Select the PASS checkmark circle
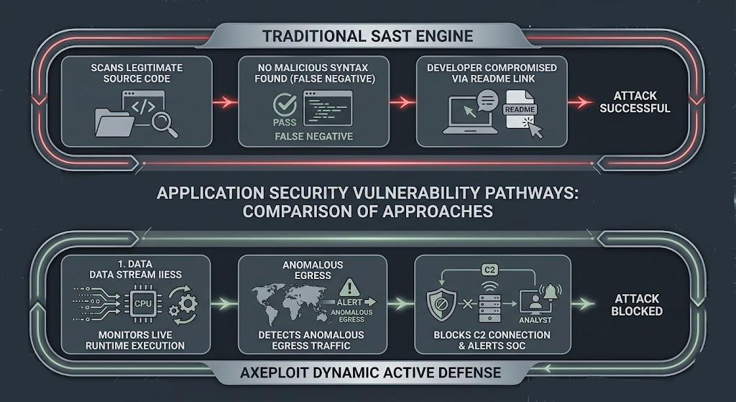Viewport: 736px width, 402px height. point(285,104)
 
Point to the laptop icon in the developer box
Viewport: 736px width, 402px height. point(470,116)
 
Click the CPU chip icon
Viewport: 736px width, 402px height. point(143,304)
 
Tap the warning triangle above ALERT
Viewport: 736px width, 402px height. point(349,288)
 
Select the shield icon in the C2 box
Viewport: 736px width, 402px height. point(441,304)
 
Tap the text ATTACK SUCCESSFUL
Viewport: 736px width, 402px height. point(635,102)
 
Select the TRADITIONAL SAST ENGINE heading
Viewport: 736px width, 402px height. point(367,36)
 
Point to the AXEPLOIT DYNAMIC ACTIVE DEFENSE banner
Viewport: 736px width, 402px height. point(370,373)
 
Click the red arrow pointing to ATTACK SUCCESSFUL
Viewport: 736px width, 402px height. point(580,102)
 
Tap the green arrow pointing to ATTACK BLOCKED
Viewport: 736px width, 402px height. point(583,304)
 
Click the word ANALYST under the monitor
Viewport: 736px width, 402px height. point(535,320)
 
